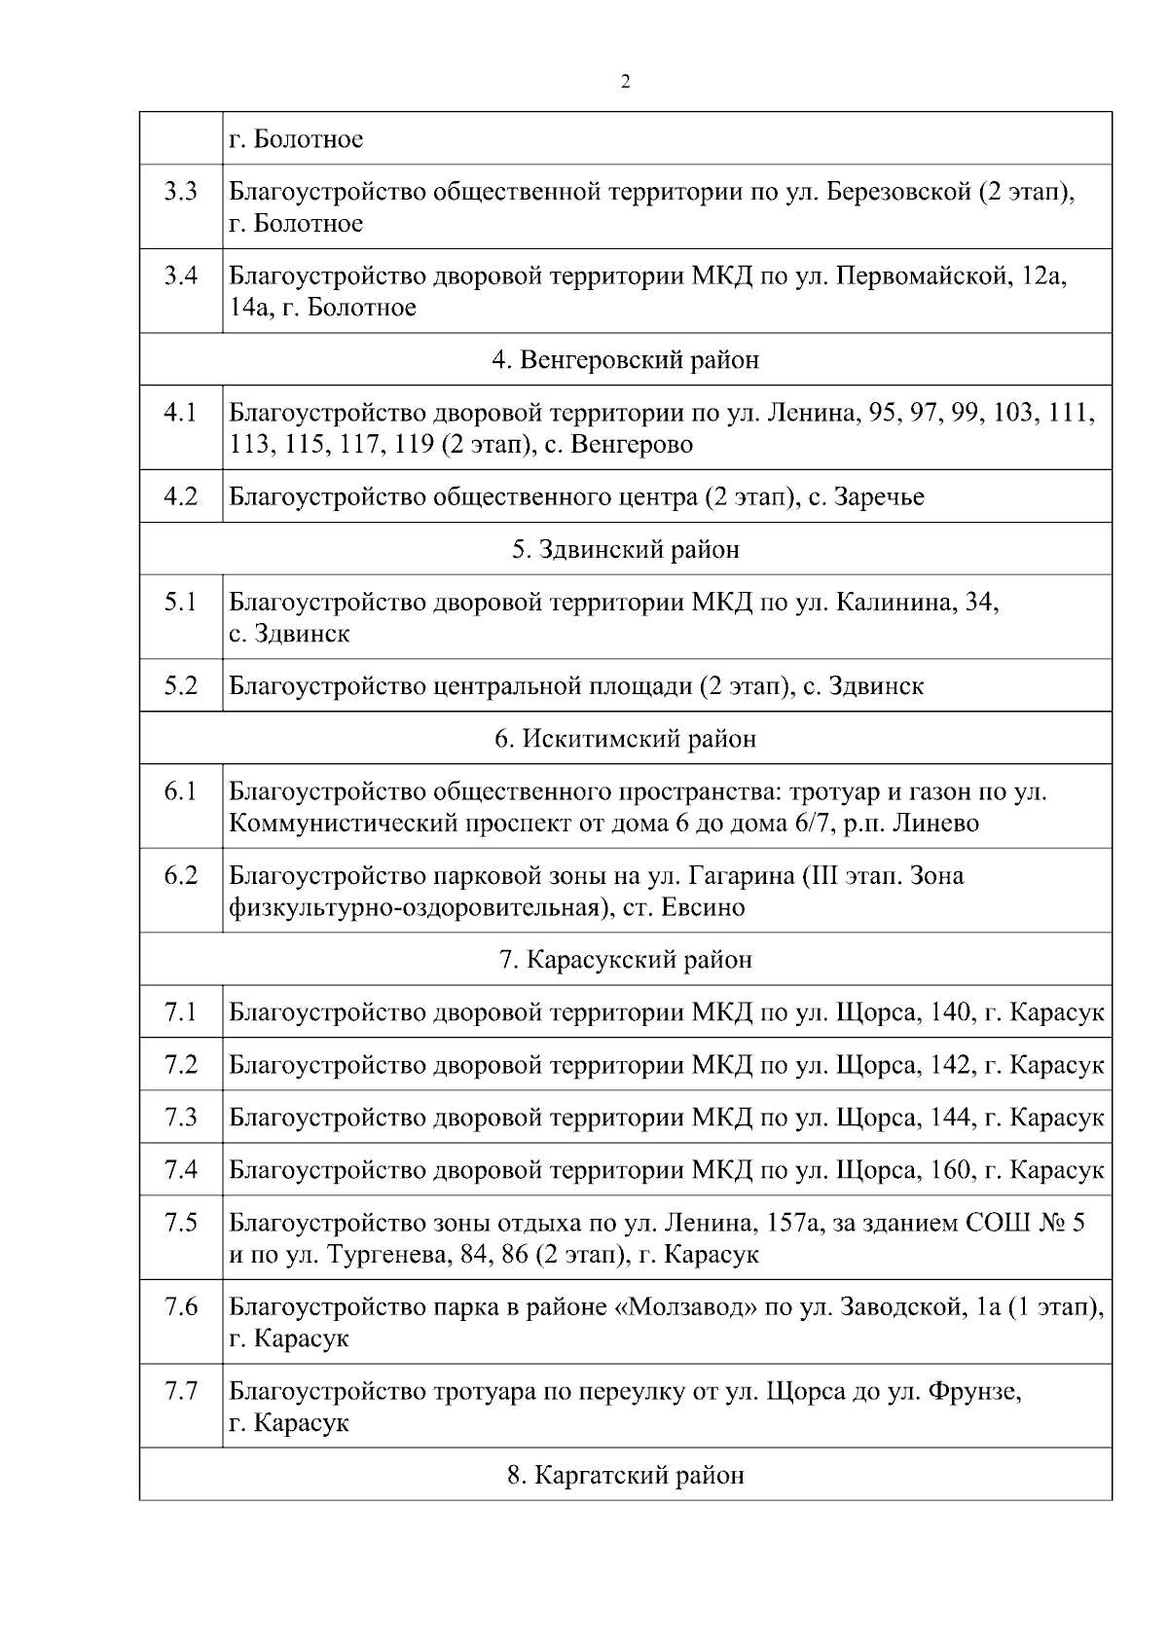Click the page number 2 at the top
click(625, 82)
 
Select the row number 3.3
click(180, 192)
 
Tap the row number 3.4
click(180, 276)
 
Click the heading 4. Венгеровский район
click(625, 360)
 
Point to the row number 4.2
click(180, 496)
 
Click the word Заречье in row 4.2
click(880, 497)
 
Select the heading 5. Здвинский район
click(625, 550)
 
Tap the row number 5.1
click(180, 603)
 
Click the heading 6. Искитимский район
click(625, 739)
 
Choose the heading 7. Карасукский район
click(625, 960)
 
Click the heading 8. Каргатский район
click(625, 1476)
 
